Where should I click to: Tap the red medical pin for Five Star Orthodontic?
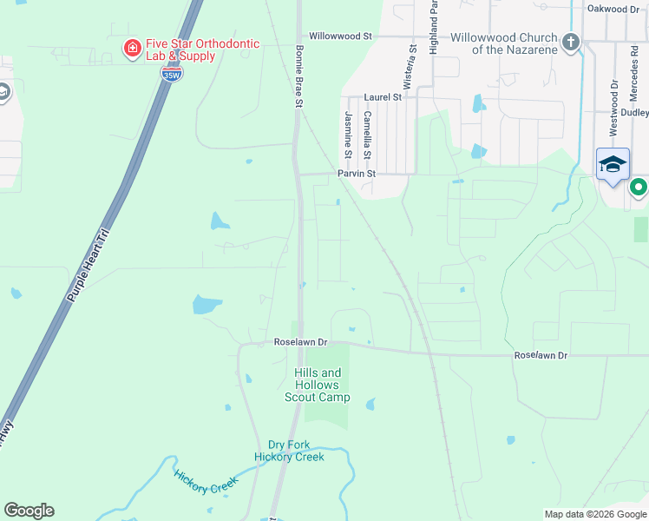click(132, 47)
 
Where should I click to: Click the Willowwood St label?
click(340, 37)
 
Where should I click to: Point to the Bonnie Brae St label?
click(298, 76)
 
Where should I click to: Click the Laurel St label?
click(383, 97)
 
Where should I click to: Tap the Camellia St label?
click(368, 135)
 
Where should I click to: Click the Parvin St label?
click(357, 174)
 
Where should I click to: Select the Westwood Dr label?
click(613, 109)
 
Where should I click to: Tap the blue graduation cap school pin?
click(613, 164)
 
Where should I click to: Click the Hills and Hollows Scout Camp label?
click(318, 385)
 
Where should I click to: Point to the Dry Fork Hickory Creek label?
click(289, 451)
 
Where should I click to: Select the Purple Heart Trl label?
click(89, 265)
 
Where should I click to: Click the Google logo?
click(29, 511)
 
